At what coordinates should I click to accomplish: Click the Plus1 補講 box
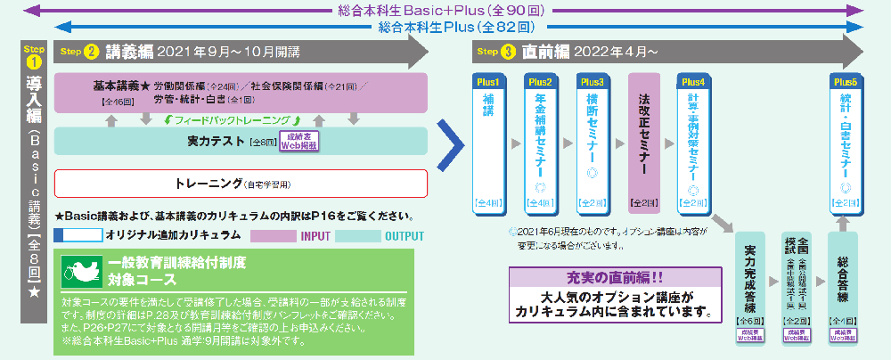[x=488, y=143]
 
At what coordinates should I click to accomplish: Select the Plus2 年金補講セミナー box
[x=541, y=143]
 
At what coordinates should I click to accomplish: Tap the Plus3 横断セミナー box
[x=593, y=143]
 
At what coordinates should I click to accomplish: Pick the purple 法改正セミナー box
[x=644, y=143]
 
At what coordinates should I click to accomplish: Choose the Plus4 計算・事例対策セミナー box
[x=697, y=143]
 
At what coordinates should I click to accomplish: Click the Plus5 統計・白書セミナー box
[x=845, y=143]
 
